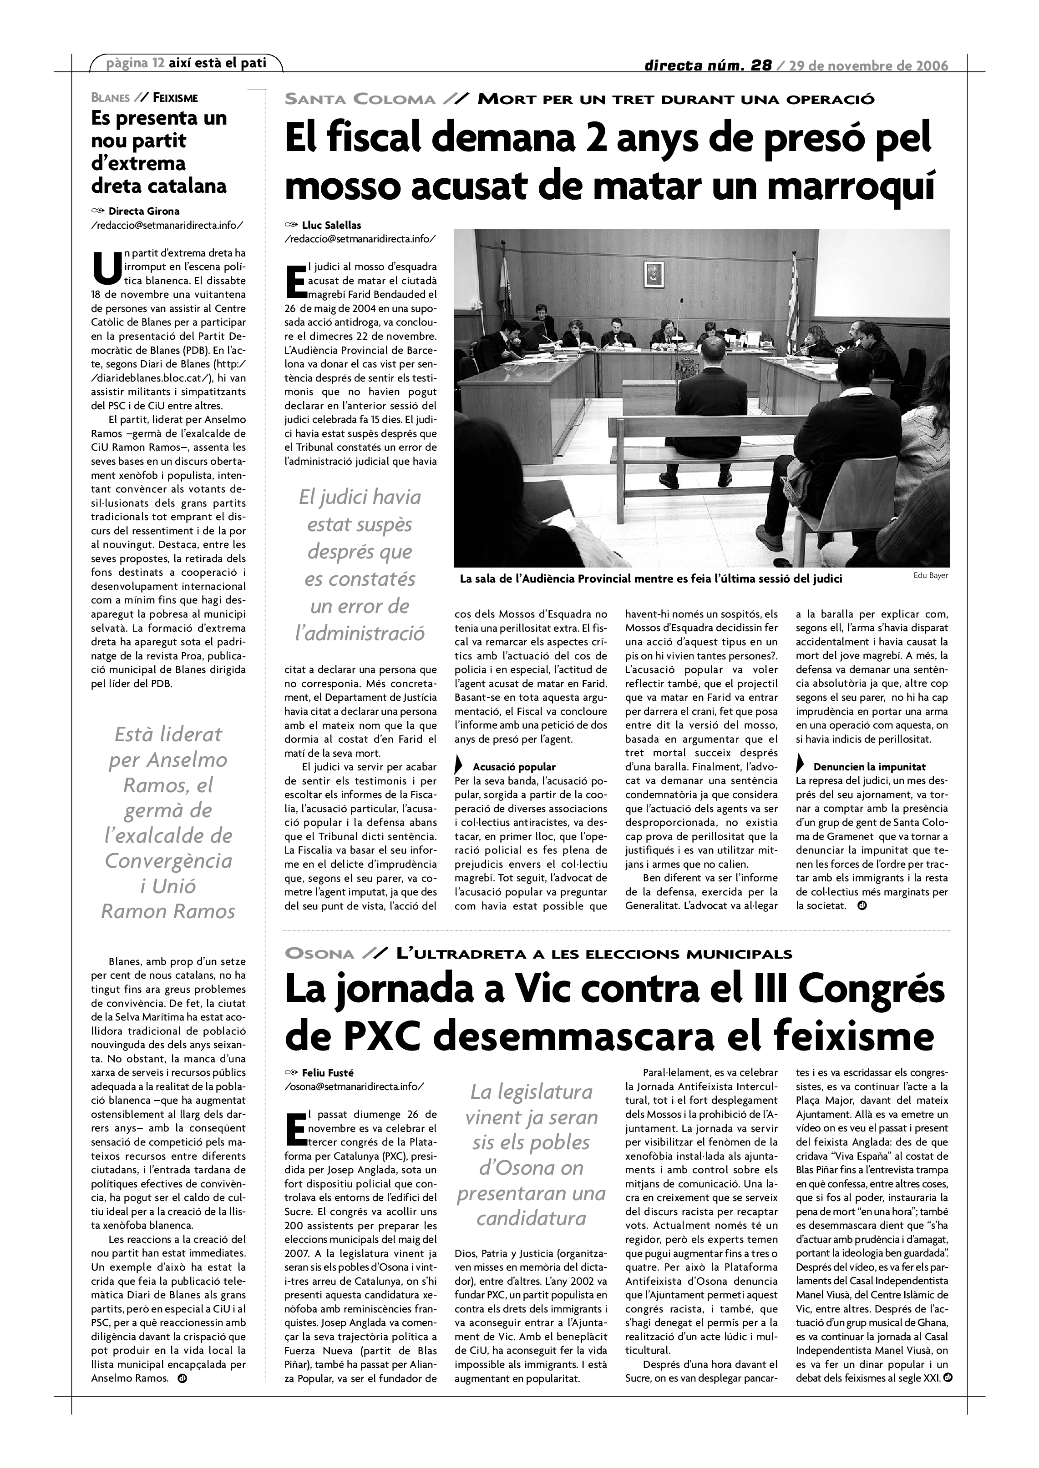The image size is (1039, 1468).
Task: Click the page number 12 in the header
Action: tap(158, 63)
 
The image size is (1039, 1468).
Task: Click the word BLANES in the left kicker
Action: tap(110, 98)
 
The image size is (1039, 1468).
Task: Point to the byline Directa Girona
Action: tap(144, 211)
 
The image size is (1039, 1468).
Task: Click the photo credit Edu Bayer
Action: tap(931, 575)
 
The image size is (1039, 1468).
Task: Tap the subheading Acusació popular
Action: tap(514, 767)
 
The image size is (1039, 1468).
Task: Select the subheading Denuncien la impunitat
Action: tap(869, 767)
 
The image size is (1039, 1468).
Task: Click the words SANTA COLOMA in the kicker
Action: tap(360, 99)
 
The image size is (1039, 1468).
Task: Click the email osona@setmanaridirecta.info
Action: tap(354, 1086)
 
